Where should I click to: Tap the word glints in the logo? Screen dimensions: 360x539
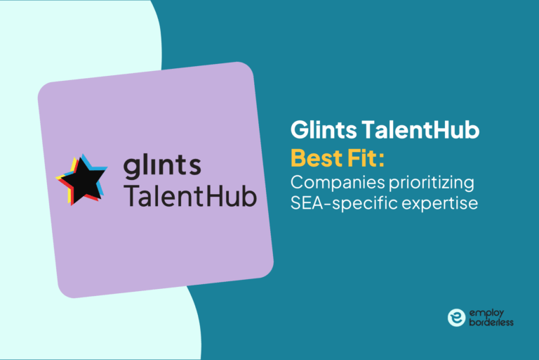pos(162,167)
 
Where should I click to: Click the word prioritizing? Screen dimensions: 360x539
pos(430,184)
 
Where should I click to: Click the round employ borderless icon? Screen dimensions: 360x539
pos(456,317)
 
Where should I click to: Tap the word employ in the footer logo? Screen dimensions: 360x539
pos(485,311)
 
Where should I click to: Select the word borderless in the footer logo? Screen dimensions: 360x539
pos(491,323)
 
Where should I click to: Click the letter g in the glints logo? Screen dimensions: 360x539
pos(133,169)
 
